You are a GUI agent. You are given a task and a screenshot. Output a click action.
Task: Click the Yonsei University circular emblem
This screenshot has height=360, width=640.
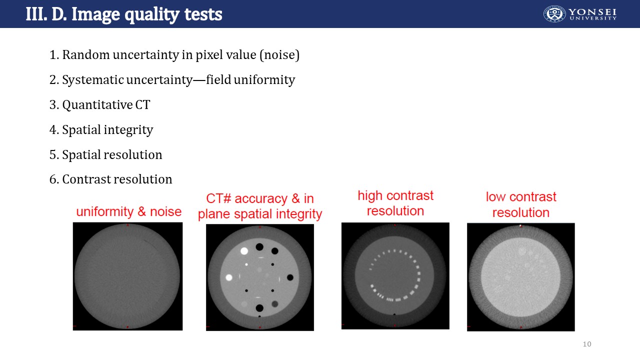point(554,13)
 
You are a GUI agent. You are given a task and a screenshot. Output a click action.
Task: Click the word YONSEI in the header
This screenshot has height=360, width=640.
point(592,12)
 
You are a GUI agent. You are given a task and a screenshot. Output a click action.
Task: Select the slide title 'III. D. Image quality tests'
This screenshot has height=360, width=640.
point(124,14)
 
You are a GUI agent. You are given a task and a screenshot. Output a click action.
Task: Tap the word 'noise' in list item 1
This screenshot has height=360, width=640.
point(279,54)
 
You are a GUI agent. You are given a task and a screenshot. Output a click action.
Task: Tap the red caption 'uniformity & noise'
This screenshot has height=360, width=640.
point(129,211)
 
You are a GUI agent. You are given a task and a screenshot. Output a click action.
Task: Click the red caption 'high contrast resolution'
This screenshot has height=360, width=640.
point(395,203)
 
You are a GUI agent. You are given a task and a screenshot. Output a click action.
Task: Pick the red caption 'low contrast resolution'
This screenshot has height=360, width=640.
point(521,204)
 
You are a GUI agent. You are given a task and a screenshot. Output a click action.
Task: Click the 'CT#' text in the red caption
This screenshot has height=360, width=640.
point(218,198)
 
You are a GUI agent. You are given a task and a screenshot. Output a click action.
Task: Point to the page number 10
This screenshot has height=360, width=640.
point(587,344)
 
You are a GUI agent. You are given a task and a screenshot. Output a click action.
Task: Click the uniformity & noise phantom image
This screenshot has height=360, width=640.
point(127,276)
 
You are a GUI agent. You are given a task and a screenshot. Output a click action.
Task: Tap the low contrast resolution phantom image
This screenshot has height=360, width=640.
point(521,277)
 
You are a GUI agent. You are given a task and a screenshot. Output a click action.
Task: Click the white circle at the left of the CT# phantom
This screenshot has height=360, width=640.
point(229,277)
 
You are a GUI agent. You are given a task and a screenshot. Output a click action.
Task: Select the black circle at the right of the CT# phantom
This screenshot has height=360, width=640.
point(290,277)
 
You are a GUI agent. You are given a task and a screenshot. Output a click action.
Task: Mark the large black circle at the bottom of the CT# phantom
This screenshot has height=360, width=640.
point(259,308)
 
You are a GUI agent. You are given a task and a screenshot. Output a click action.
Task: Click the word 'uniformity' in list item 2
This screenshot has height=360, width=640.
point(264,79)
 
